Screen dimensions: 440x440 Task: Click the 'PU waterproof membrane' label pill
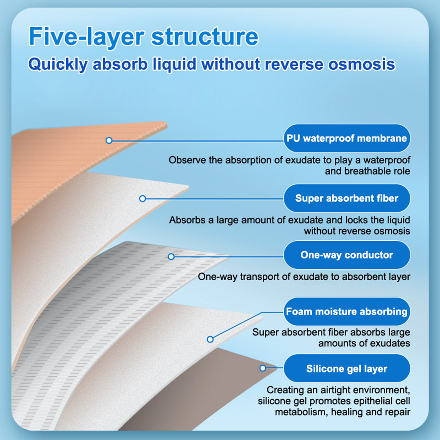pos(346,138)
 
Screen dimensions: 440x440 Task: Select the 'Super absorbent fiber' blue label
pos(346,198)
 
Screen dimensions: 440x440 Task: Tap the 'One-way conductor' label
pos(346,255)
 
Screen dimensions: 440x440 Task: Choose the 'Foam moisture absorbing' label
pos(346,312)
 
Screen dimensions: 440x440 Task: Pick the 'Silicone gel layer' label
pos(346,369)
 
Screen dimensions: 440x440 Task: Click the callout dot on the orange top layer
pos(109,141)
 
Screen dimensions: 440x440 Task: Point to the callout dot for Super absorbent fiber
pos(142,199)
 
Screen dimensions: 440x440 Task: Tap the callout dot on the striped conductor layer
pos(171,257)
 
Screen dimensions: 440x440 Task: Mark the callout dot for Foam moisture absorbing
pos(210,339)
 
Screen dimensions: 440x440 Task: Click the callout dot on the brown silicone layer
pos(263,368)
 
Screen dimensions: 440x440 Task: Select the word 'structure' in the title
pos(205,37)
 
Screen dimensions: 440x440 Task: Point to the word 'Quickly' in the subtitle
pos(58,64)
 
